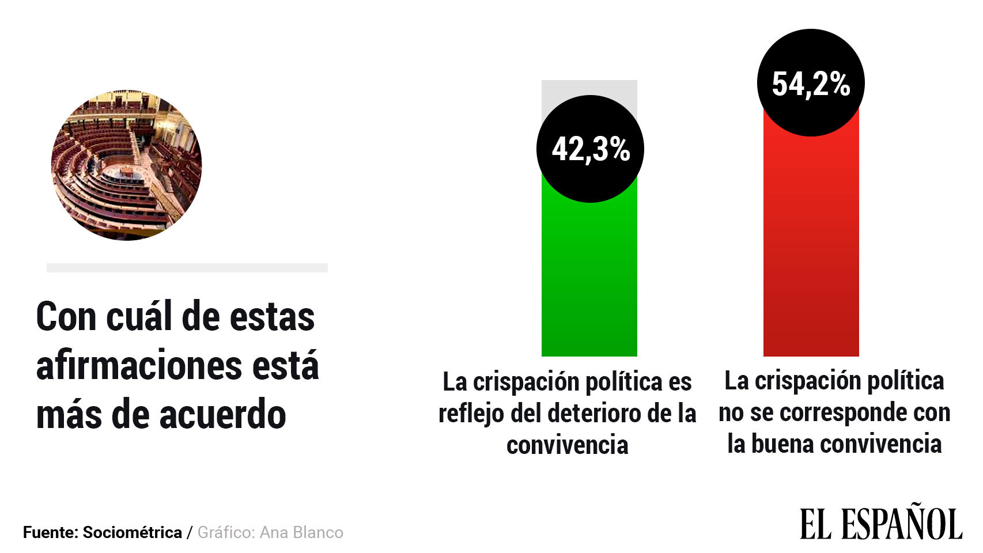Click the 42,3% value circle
tap(590, 149)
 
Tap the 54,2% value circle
tap(811, 83)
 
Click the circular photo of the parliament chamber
tap(127, 165)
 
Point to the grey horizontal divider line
tap(187, 268)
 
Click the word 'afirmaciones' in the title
tap(138, 366)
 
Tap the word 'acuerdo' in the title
tap(222, 415)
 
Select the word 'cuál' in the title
tap(139, 317)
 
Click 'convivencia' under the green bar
tap(567, 445)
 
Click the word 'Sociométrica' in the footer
tap(133, 532)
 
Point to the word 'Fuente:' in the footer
tap(50, 532)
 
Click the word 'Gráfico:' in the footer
tap(226, 532)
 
